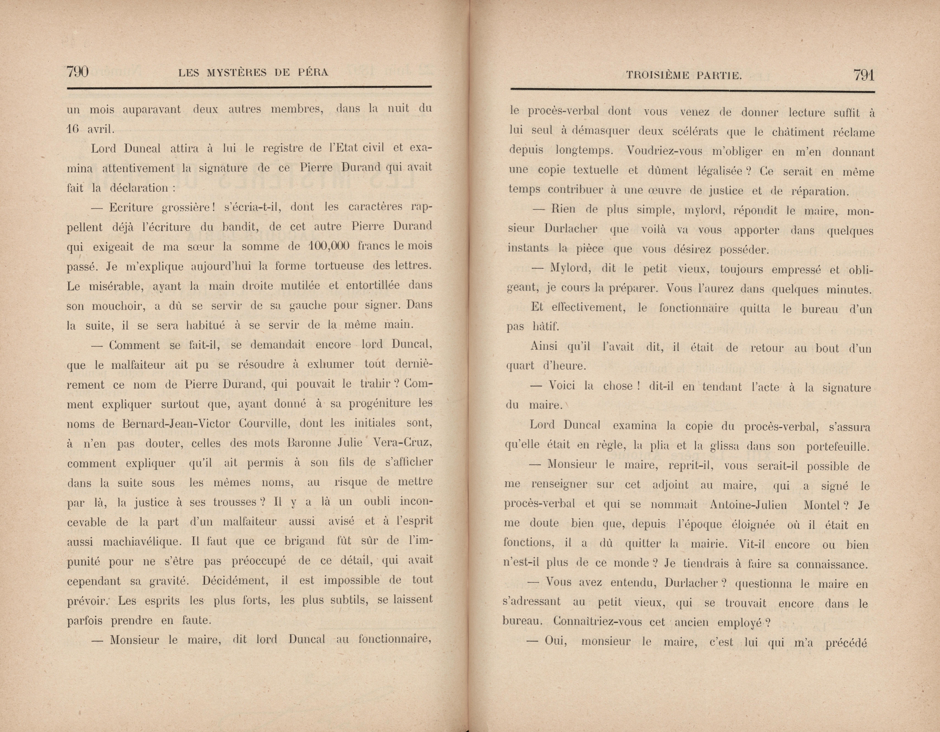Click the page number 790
77,71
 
